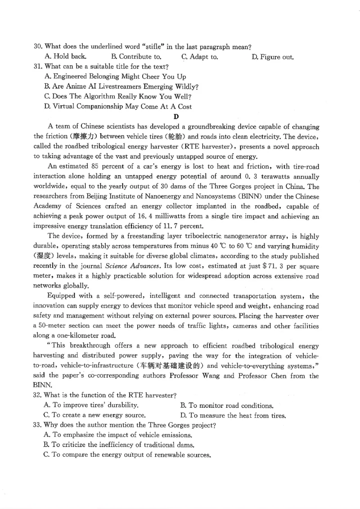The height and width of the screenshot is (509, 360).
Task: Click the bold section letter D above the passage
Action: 176,116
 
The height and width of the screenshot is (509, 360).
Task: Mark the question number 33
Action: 38,425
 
